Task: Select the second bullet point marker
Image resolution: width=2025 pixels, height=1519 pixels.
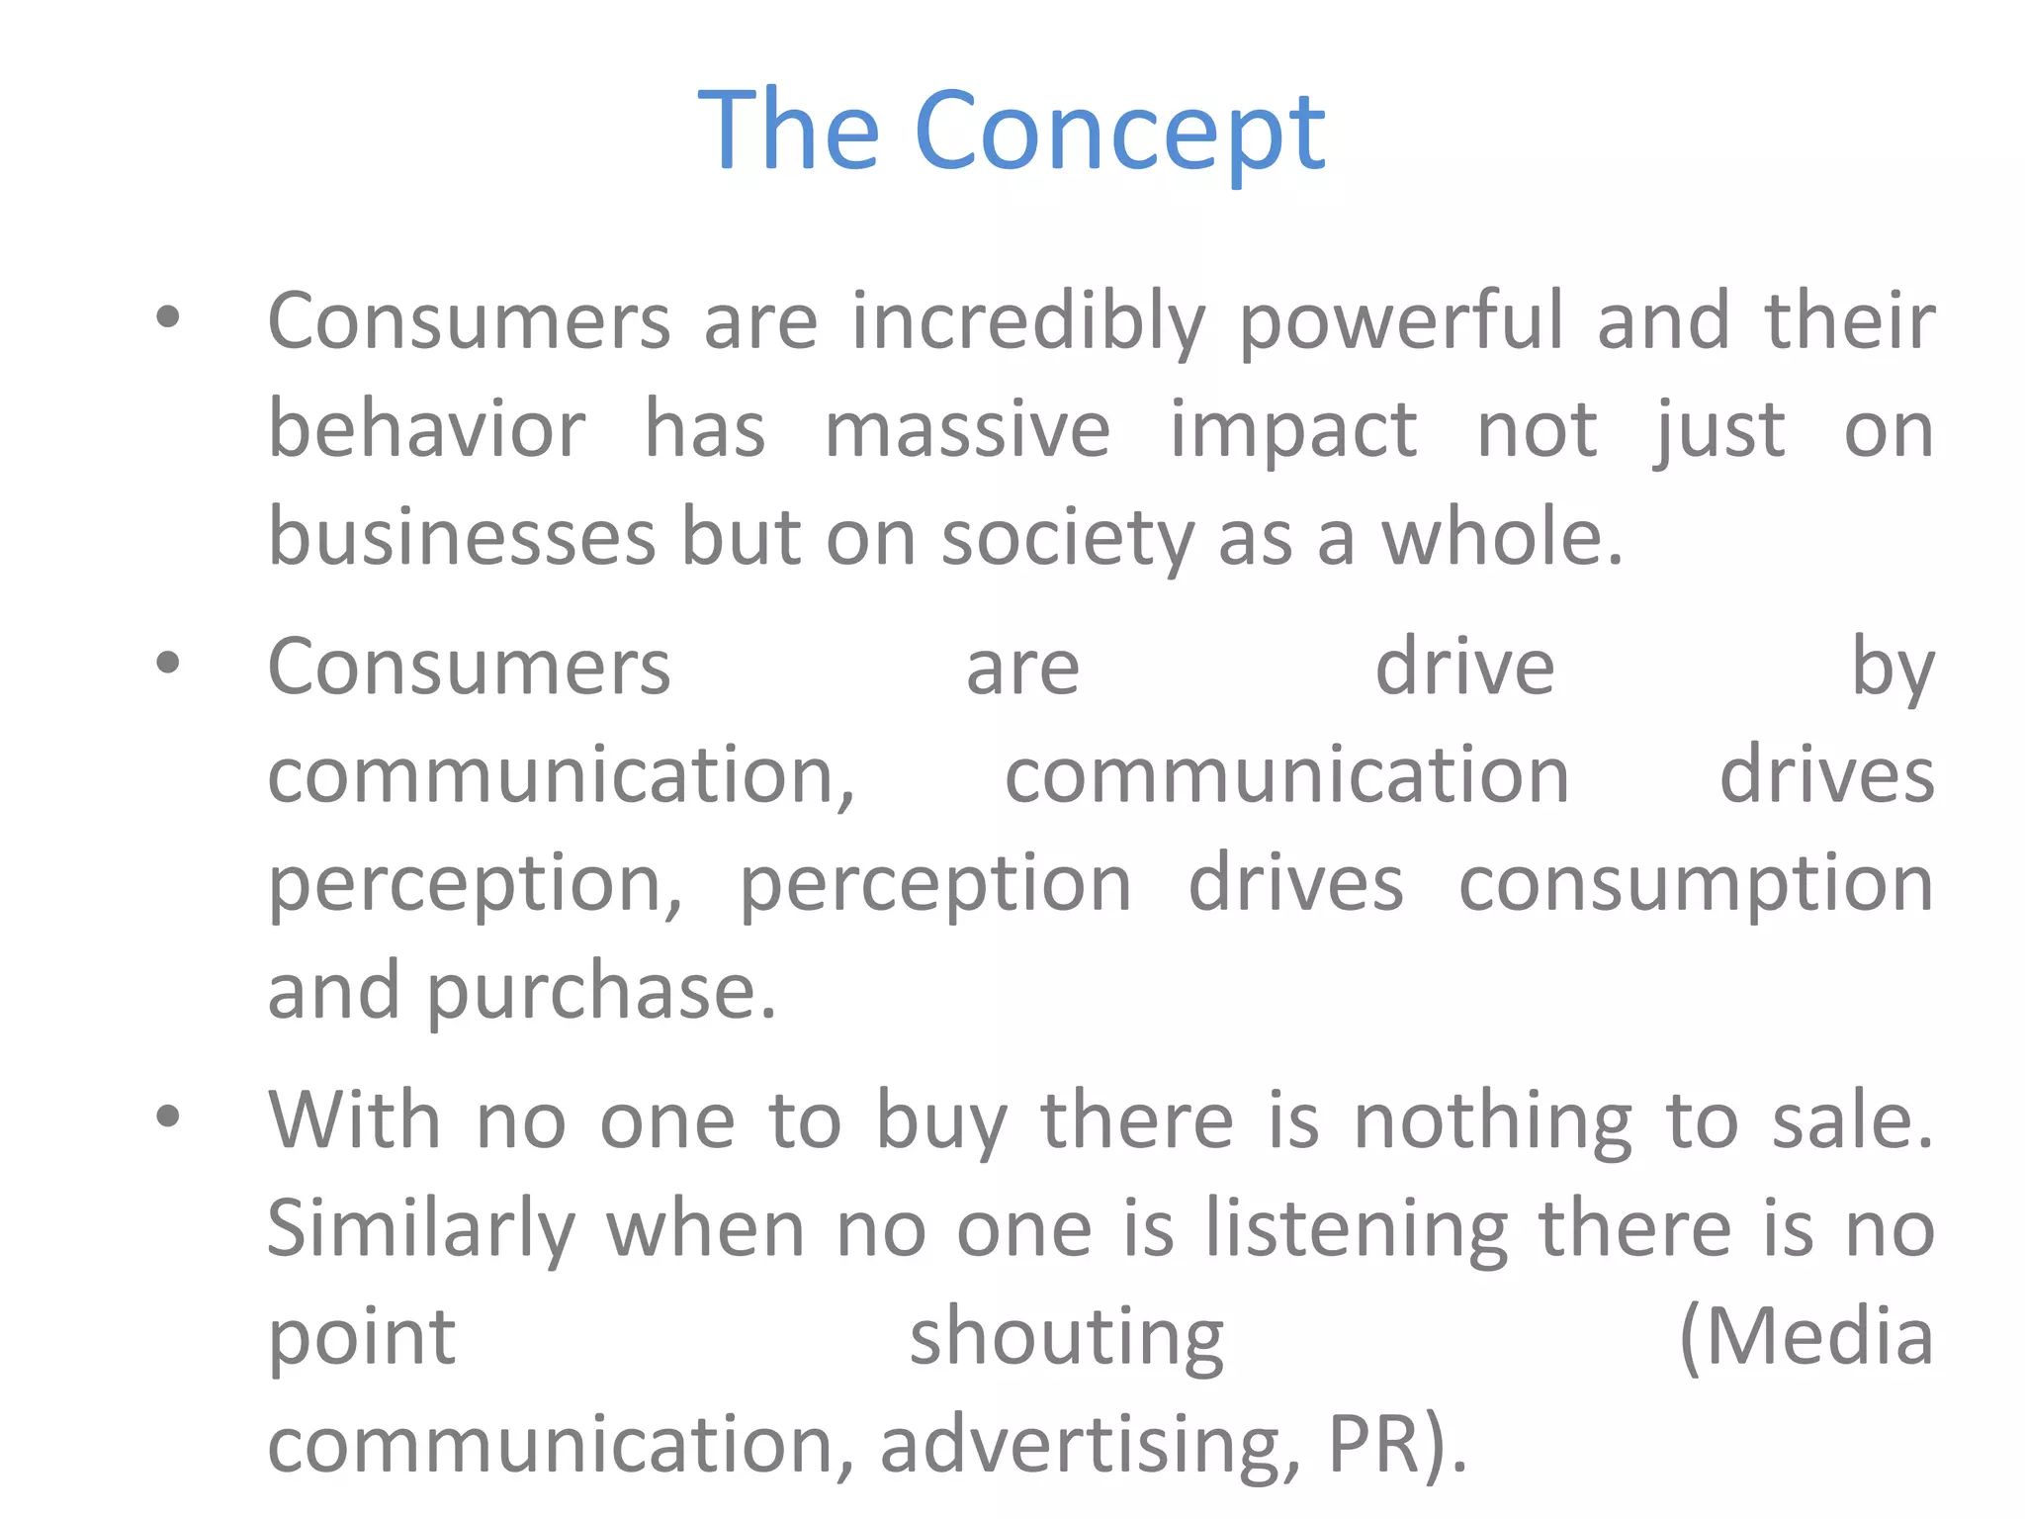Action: (168, 664)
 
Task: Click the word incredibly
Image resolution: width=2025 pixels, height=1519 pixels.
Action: (1028, 322)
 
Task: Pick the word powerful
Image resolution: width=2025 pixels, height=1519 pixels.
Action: (1401, 322)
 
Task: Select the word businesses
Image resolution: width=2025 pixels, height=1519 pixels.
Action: (463, 538)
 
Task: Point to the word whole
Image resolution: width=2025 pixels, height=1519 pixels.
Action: (1500, 538)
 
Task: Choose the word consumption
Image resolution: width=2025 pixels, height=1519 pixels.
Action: (1696, 884)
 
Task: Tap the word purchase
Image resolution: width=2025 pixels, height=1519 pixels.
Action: (601, 992)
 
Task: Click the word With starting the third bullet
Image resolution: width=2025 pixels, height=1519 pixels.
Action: (354, 1120)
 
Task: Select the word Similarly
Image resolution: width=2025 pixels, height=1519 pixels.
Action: (421, 1229)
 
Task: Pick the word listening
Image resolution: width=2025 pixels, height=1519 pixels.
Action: (1357, 1229)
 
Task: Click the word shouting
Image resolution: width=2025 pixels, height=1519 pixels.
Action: (1066, 1338)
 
